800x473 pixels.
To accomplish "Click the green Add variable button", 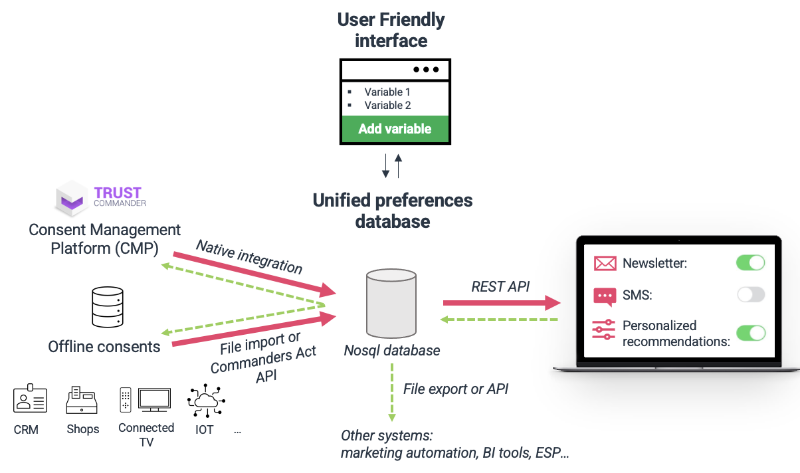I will tap(395, 130).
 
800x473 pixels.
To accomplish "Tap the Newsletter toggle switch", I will tap(750, 262).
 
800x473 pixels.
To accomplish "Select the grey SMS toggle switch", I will tap(750, 295).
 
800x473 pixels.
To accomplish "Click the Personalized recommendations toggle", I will tap(750, 333).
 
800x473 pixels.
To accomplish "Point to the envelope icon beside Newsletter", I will tap(605, 263).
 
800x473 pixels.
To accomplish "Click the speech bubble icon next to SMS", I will tap(605, 296).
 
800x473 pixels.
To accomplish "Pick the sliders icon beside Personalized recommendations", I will tap(605, 330).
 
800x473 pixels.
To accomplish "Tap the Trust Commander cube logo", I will tap(72, 197).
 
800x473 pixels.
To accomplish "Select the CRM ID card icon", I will tap(30, 399).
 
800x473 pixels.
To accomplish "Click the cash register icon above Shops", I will tap(82, 400).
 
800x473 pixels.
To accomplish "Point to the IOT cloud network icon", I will tap(206, 400).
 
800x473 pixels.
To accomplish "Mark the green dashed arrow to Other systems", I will tap(391, 392).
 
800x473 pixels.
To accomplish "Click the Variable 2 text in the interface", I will tap(387, 105).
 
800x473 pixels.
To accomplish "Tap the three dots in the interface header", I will tap(426, 69).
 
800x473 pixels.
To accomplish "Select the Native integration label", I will tap(249, 256).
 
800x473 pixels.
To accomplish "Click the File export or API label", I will tap(456, 389).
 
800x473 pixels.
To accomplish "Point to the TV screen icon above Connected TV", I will tap(155, 400).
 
